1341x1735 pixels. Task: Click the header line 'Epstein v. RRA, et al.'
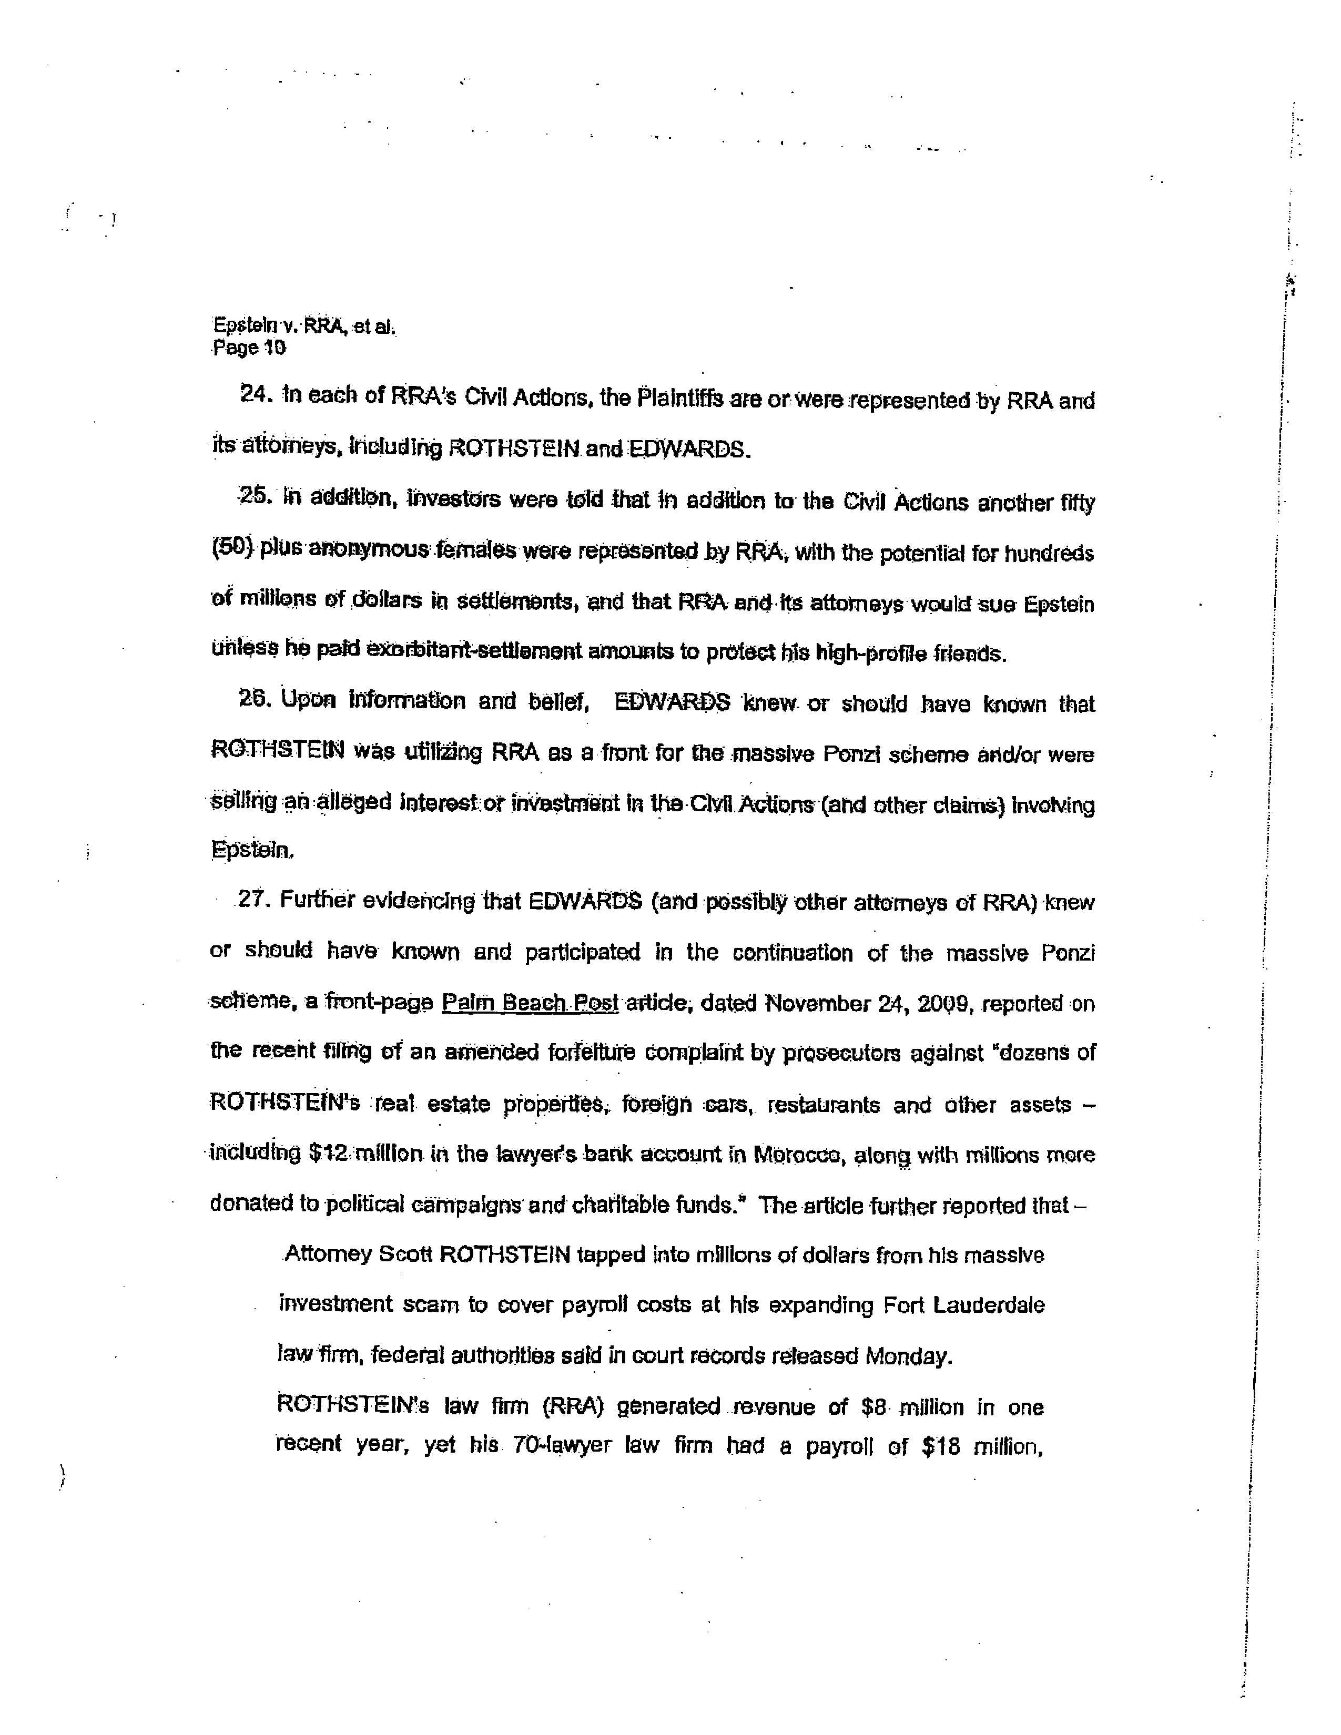coord(303,326)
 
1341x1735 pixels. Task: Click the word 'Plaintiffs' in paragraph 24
coord(680,399)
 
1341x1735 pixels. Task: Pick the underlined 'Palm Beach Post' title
coord(529,1003)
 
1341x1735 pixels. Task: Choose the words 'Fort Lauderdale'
coord(963,1305)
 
